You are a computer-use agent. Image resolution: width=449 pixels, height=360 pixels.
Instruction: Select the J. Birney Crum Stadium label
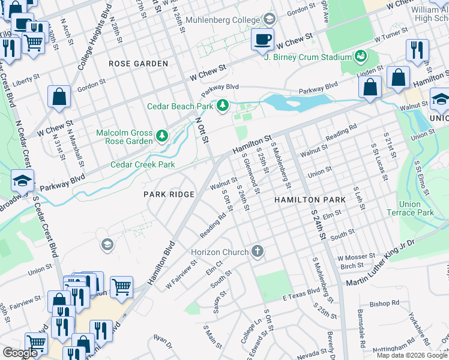(308, 57)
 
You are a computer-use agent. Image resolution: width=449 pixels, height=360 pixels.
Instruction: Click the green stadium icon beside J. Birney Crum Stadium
(361, 57)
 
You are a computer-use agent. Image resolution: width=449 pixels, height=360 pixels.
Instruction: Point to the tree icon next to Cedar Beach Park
(223, 106)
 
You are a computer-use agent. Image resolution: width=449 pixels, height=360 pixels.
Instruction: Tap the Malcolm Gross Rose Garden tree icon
(161, 137)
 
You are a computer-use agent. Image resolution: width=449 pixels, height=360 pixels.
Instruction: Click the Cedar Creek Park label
(142, 164)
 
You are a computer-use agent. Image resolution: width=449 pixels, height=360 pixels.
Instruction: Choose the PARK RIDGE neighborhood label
(169, 194)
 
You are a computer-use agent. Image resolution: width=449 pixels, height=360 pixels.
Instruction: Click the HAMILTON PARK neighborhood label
(310, 200)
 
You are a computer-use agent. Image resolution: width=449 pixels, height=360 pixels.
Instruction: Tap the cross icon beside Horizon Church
(258, 251)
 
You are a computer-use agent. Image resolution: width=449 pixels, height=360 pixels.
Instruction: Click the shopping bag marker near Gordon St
(59, 97)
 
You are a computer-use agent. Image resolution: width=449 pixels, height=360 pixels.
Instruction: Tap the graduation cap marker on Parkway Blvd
(22, 181)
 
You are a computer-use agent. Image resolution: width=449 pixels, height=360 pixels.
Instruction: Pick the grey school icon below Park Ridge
(107, 244)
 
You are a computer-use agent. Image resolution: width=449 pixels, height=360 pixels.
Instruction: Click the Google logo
(20, 353)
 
